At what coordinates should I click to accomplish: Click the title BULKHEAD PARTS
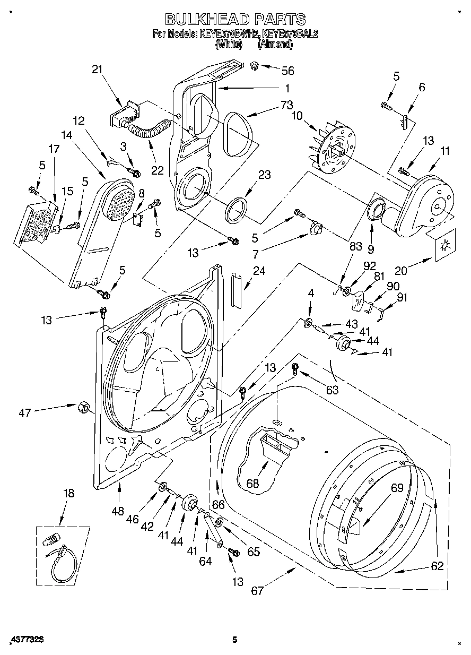click(235, 20)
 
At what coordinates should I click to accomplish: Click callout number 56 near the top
click(287, 71)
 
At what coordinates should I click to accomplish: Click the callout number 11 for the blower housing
click(444, 151)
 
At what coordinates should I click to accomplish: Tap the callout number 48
click(118, 511)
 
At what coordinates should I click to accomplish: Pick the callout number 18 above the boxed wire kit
click(68, 493)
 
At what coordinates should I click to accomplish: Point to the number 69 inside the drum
click(397, 488)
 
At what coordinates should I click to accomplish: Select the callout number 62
click(437, 566)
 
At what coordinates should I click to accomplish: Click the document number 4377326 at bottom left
click(22, 640)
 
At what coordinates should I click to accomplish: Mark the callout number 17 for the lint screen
click(54, 149)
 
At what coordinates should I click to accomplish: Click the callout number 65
click(254, 551)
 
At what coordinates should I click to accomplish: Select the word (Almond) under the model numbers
click(275, 45)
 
